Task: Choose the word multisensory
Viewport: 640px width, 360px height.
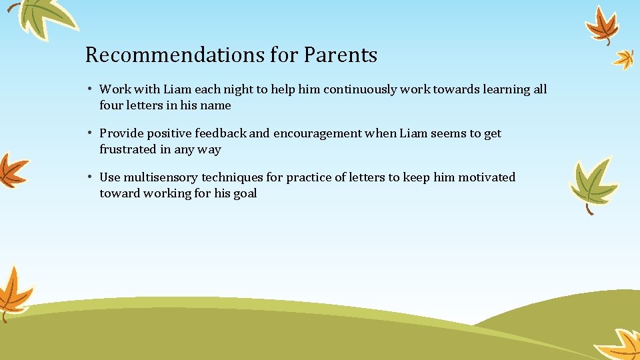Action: coord(159,177)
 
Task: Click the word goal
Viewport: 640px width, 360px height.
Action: coord(245,193)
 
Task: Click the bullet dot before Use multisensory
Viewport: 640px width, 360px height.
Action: coord(89,177)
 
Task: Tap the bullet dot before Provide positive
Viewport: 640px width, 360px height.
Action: coord(89,133)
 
